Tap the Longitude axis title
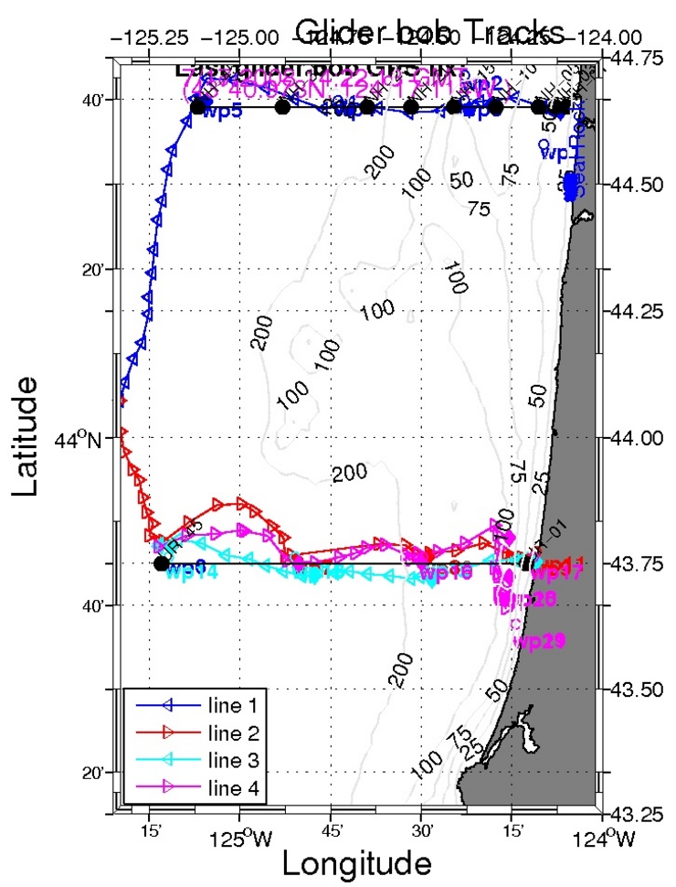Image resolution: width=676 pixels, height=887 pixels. pos(355,862)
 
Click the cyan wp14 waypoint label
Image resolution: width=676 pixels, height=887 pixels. pos(193,573)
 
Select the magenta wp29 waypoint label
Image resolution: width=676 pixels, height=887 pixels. pos(534,641)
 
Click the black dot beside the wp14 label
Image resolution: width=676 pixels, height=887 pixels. pos(162,563)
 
